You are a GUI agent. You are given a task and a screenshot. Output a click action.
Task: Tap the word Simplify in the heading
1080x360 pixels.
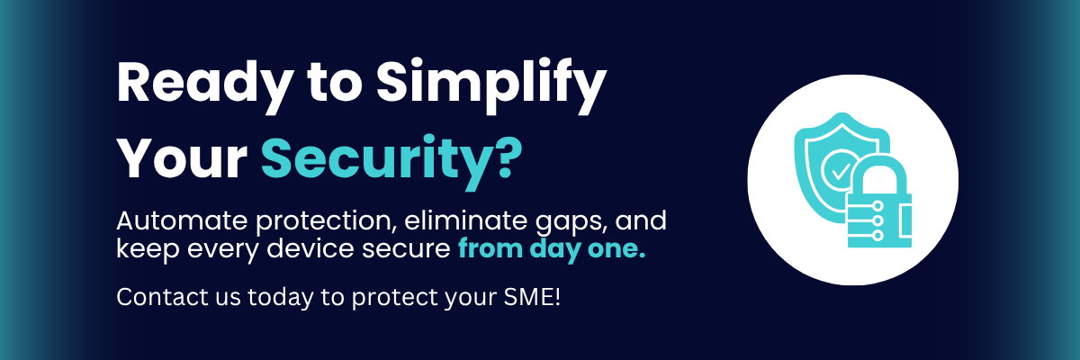click(x=491, y=85)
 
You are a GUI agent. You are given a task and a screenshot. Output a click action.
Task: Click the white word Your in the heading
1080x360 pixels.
click(x=183, y=158)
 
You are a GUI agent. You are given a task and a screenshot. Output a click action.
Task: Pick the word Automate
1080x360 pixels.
click(x=182, y=221)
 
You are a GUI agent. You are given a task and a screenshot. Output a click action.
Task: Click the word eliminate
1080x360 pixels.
click(x=466, y=220)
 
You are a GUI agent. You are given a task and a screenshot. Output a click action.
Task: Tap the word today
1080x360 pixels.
click(x=280, y=298)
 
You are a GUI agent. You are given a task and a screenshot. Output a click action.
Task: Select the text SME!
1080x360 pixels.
click(x=532, y=297)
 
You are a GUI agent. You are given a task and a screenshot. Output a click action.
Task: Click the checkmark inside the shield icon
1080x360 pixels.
click(x=841, y=172)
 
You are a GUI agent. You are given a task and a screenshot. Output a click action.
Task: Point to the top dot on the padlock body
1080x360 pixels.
click(x=878, y=206)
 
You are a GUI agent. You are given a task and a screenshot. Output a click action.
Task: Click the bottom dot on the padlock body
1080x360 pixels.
click(x=878, y=235)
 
